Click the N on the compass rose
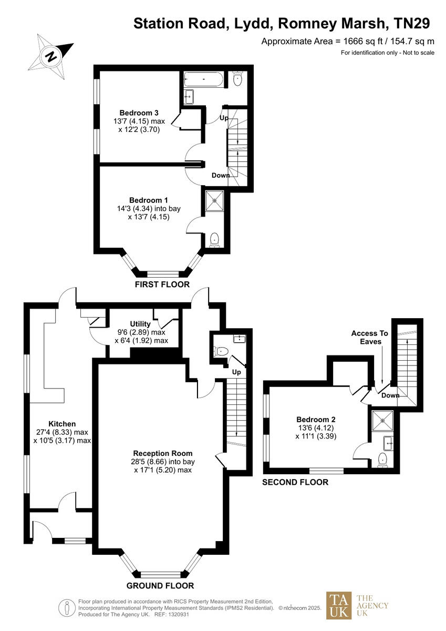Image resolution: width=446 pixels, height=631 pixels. tap(51, 56)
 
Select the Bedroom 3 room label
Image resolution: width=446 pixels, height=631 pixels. tap(139, 113)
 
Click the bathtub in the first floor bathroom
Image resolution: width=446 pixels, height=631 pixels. tap(203, 80)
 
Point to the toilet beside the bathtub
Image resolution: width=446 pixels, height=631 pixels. tap(237, 80)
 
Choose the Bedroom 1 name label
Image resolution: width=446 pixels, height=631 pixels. tap(149, 200)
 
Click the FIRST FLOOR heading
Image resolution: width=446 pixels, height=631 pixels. tap(162, 284)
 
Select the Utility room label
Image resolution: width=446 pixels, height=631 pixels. tap(140, 324)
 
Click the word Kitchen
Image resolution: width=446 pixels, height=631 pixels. tap(62, 424)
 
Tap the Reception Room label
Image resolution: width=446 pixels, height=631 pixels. tap(163, 453)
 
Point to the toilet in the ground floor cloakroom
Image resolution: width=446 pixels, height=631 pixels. tap(220, 351)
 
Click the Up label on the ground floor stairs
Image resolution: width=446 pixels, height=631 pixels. tap(236, 372)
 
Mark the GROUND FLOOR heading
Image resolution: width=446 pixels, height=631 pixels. tap(160, 586)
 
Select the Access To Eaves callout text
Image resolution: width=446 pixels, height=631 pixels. tap(369, 337)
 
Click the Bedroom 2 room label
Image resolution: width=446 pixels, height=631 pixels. tap(316, 420)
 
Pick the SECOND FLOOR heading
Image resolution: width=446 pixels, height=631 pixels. tap(295, 482)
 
